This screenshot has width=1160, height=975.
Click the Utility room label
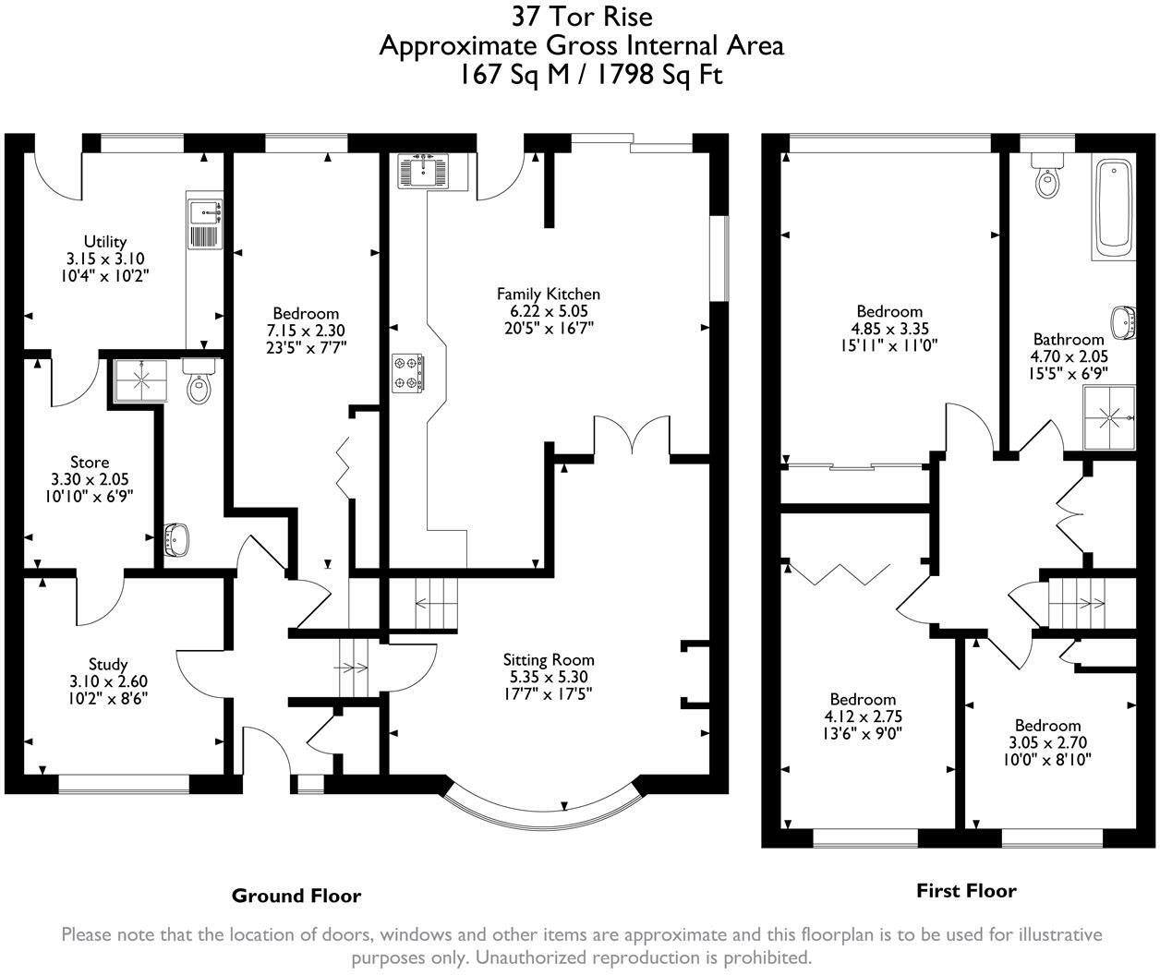[x=105, y=242]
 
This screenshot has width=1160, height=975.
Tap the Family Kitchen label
[x=549, y=294]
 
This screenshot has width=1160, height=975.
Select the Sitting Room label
[x=549, y=660]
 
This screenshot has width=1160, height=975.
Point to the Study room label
[x=108, y=665]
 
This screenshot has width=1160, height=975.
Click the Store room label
[x=90, y=463]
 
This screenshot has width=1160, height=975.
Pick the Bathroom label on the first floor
[x=1069, y=339]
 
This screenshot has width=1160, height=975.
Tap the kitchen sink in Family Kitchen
[x=422, y=171]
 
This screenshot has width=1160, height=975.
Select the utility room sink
[x=205, y=223]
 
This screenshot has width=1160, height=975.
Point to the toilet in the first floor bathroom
[x=1047, y=175]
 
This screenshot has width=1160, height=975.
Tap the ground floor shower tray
[x=140, y=380]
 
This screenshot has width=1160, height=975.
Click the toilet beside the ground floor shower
[x=198, y=381]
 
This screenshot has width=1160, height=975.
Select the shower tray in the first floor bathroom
[x=1109, y=417]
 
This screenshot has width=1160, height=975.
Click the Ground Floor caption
[x=296, y=896]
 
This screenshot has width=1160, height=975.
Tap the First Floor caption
[x=966, y=891]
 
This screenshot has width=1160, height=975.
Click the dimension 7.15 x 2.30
[x=306, y=331]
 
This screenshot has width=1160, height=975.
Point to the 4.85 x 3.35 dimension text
[x=889, y=329]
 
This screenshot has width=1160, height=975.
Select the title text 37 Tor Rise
[x=582, y=17]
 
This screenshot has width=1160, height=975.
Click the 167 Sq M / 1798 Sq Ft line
[x=591, y=75]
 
